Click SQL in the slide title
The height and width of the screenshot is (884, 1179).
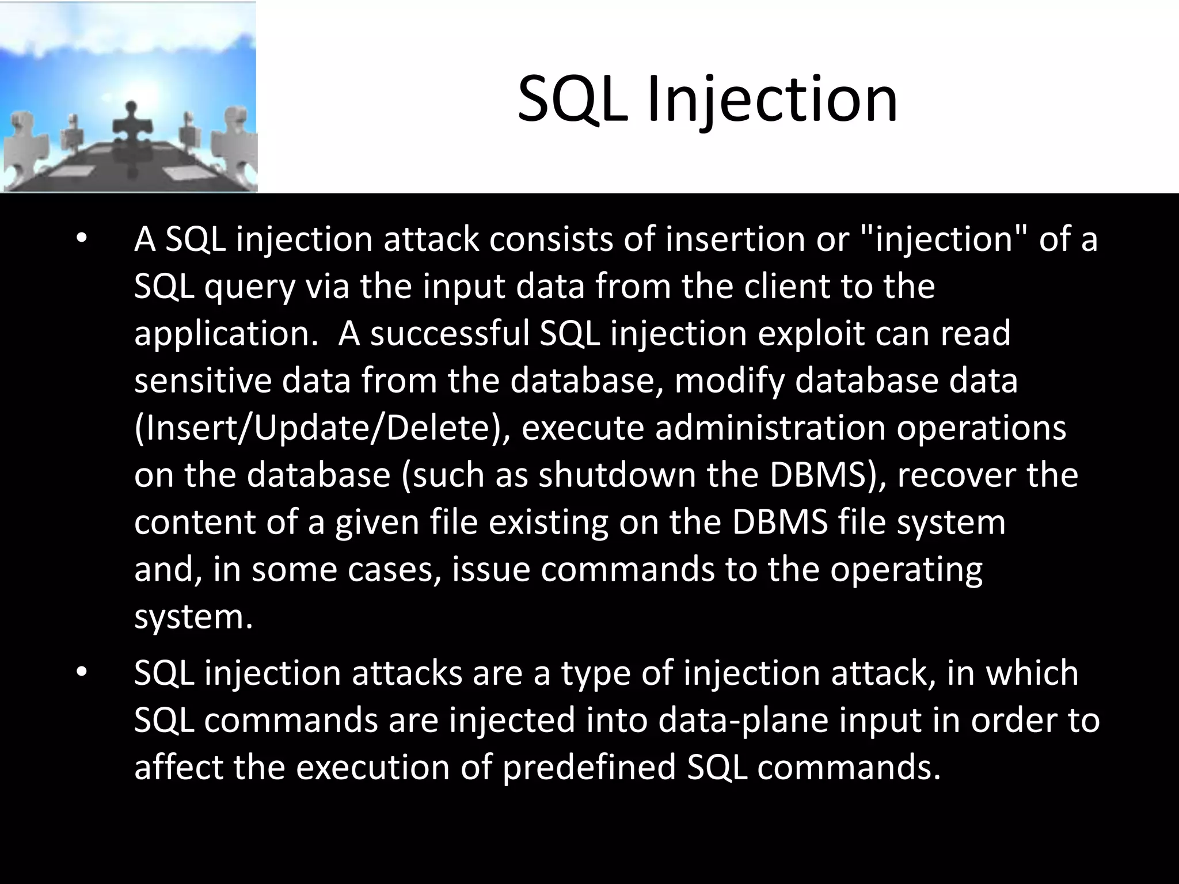[573, 101]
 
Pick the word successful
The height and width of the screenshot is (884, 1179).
[450, 333]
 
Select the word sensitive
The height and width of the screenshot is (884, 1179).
[203, 380]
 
